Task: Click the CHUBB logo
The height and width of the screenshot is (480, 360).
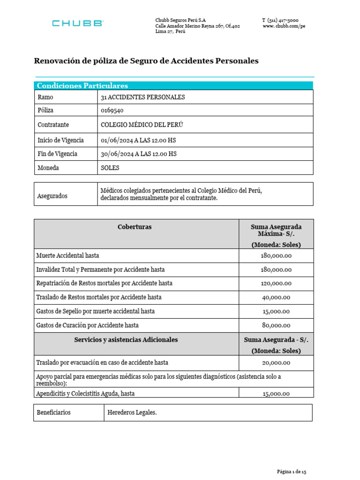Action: (77, 23)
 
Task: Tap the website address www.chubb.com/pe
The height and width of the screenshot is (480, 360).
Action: (284, 26)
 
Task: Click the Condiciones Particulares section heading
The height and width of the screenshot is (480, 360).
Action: (82, 86)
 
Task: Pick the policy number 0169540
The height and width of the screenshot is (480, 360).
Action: (112, 110)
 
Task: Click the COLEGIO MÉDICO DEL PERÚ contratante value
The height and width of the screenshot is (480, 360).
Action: (142, 125)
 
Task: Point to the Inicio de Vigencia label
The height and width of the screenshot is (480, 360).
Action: (60, 140)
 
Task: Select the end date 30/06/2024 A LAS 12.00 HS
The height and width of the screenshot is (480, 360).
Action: (139, 154)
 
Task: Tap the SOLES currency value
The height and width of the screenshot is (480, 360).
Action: (110, 168)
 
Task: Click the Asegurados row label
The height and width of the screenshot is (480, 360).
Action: (52, 196)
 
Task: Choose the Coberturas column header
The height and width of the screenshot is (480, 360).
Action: (135, 227)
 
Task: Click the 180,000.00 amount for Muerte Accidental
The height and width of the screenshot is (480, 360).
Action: (276, 255)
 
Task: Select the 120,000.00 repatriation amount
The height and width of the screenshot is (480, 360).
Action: (276, 284)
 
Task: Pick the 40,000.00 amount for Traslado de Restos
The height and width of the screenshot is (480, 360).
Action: (276, 297)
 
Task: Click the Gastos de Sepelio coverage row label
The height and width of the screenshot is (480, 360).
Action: (95, 311)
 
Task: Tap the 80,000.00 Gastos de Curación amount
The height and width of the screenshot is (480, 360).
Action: (276, 325)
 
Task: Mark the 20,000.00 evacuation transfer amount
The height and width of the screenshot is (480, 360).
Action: (276, 363)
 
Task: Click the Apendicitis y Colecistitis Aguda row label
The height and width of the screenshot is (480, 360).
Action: (85, 394)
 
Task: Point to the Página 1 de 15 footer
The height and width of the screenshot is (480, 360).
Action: (291, 471)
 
